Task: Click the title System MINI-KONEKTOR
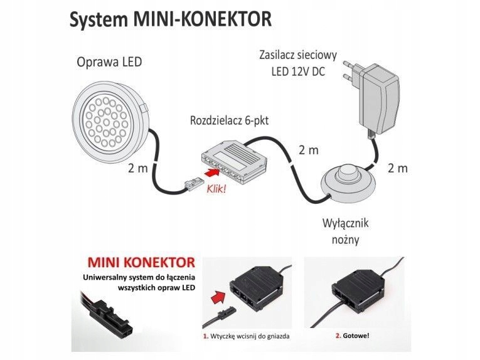click(x=170, y=19)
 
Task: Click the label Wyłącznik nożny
click(x=343, y=231)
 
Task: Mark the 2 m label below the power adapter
click(x=397, y=168)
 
